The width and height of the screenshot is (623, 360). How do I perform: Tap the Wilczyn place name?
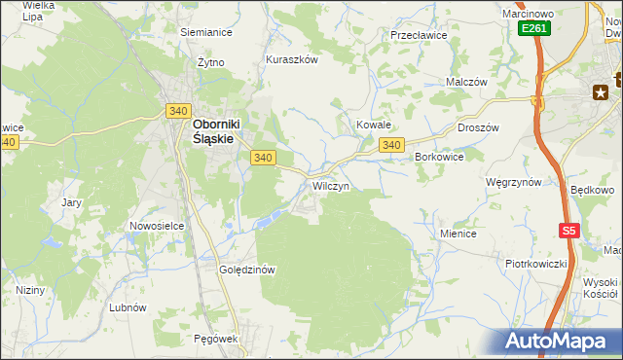330,185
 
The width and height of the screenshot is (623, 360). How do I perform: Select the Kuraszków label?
292,59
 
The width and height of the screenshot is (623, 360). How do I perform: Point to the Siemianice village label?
206,31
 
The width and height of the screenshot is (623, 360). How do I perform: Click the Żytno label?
210,62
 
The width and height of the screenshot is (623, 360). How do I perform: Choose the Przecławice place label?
418,34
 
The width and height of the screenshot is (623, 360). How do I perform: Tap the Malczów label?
466,83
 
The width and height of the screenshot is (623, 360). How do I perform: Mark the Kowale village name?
373,126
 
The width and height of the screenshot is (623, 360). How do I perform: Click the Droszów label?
478,127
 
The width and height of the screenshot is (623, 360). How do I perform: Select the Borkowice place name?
439,157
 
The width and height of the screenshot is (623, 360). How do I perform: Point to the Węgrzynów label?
513,182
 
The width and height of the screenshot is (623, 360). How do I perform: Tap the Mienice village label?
458,234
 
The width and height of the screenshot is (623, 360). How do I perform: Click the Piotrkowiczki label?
535,264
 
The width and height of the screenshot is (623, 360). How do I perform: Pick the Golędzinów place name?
249,270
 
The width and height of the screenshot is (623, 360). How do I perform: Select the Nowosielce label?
157,226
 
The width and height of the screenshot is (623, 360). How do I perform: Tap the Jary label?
71,202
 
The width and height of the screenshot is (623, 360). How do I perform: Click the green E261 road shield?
533,29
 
